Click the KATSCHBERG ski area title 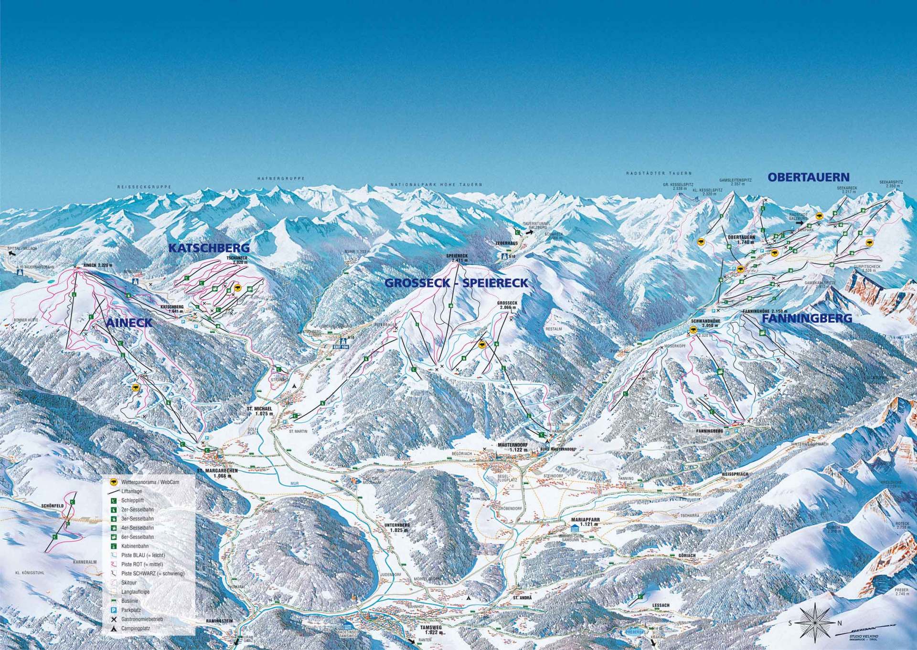click(209, 248)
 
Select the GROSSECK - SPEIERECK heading click(456, 283)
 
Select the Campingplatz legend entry click(136, 629)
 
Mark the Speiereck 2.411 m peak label click(457, 258)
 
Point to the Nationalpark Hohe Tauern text click(436, 184)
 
